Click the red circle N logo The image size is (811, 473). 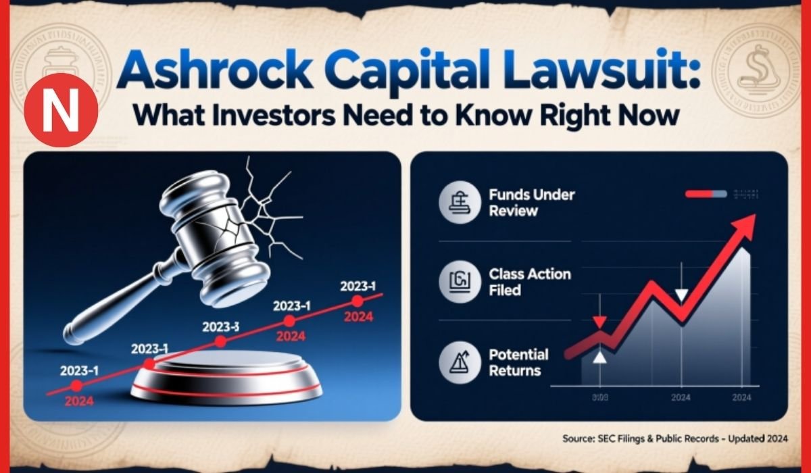tap(61, 110)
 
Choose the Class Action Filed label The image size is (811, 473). tap(529, 282)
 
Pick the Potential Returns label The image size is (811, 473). tap(518, 362)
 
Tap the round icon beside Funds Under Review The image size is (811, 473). tap(458, 203)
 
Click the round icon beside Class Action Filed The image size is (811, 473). tap(458, 282)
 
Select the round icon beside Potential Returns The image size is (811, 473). tap(458, 363)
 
